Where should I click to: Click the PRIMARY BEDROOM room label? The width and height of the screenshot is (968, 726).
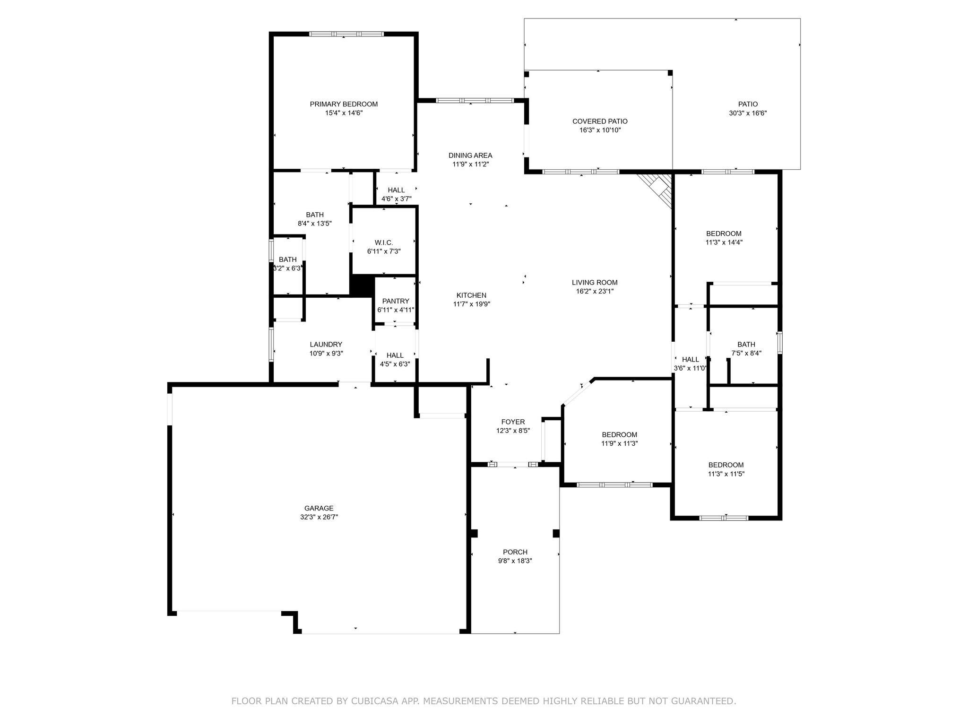click(344, 104)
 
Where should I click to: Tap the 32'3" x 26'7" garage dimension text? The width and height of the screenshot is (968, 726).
click(319, 517)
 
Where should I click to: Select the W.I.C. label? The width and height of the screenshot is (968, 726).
click(384, 242)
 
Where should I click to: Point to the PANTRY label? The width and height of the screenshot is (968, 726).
click(396, 301)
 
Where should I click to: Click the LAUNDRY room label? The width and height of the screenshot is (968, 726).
click(326, 345)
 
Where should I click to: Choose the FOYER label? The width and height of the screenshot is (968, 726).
click(513, 422)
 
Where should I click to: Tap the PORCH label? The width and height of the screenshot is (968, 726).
click(515, 552)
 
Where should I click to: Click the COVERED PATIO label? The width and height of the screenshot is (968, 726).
click(600, 121)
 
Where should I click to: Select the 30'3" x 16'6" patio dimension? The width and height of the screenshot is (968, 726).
click(748, 113)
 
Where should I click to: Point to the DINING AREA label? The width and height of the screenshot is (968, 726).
click(470, 156)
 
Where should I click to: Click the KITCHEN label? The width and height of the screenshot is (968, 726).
click(471, 295)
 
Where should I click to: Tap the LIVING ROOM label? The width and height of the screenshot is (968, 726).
click(595, 283)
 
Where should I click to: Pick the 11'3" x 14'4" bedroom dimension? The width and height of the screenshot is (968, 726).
click(724, 242)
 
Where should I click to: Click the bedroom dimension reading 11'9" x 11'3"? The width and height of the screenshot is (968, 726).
click(619, 443)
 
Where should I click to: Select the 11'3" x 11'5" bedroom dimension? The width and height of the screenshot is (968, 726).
click(726, 474)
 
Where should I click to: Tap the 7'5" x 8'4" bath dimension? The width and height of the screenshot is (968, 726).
click(746, 353)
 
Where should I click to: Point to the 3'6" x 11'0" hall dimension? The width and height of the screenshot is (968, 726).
click(690, 368)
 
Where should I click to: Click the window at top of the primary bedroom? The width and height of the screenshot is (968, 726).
click(346, 34)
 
